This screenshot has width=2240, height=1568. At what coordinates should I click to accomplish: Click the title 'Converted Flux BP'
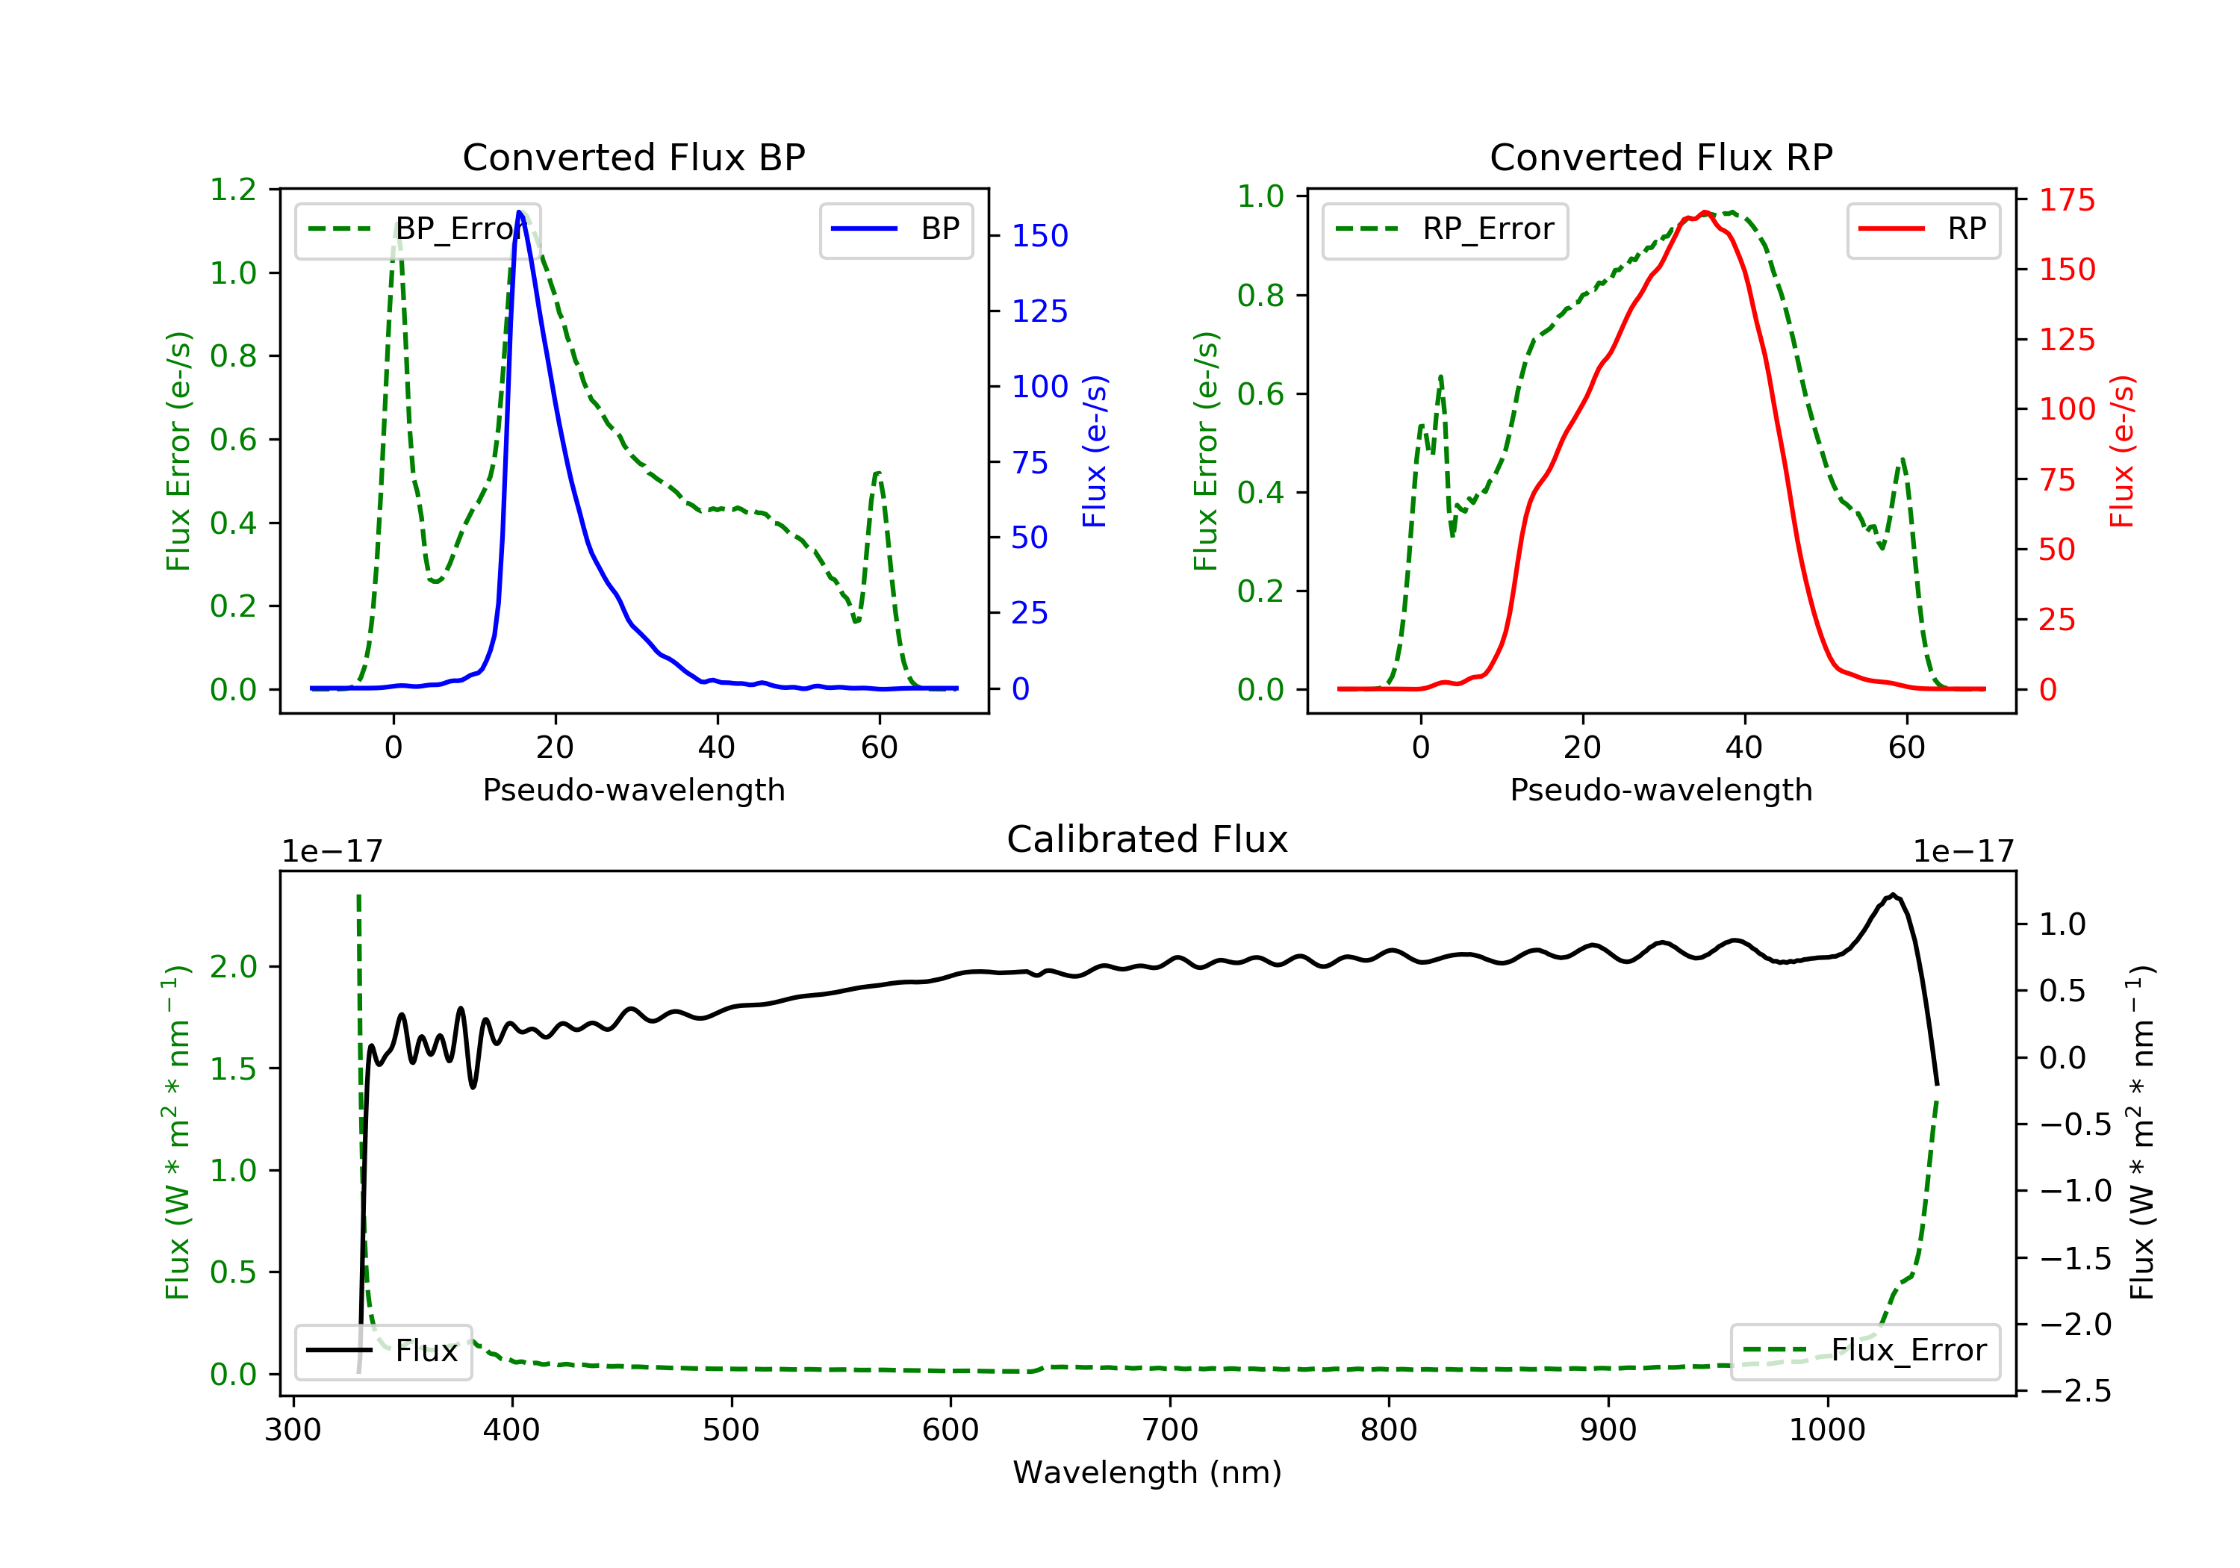click(633, 157)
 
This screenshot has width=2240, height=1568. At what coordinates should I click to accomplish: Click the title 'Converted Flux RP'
click(1661, 157)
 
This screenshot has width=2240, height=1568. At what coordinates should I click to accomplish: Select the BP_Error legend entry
click(417, 230)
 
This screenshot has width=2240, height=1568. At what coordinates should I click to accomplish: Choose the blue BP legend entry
click(895, 229)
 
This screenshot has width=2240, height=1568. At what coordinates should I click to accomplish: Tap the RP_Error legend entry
click(1445, 230)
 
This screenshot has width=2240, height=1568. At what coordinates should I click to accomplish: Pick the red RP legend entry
click(1923, 229)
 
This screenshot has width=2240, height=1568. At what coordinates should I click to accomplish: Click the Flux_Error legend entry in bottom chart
click(1864, 1351)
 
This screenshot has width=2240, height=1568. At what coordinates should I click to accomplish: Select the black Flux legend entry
click(382, 1351)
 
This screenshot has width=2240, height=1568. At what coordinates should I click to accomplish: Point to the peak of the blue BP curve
click(519, 212)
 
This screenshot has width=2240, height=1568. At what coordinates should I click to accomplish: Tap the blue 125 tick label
click(1039, 311)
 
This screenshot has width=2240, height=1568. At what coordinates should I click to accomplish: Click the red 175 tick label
click(2066, 200)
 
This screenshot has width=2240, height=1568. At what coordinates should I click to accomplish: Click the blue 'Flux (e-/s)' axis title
click(1095, 451)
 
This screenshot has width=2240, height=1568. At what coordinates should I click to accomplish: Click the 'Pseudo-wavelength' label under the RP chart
click(1661, 789)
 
